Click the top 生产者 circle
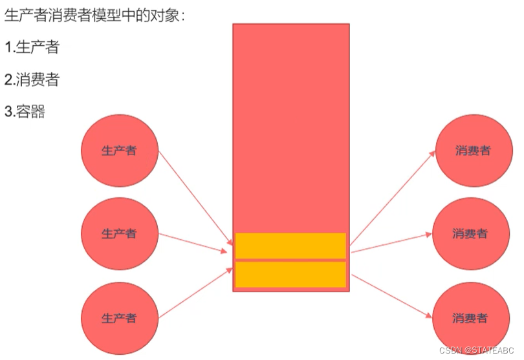coord(118,151)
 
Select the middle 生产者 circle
coord(119,233)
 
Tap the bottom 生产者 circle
coord(119,319)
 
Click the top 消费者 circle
coord(472,151)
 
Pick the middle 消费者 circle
coord(470,233)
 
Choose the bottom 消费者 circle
coord(470,319)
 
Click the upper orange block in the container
coord(290,246)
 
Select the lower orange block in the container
coord(290,275)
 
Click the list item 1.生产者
coord(32,47)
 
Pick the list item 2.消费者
coord(32,79)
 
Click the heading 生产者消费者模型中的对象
coord(94,16)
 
